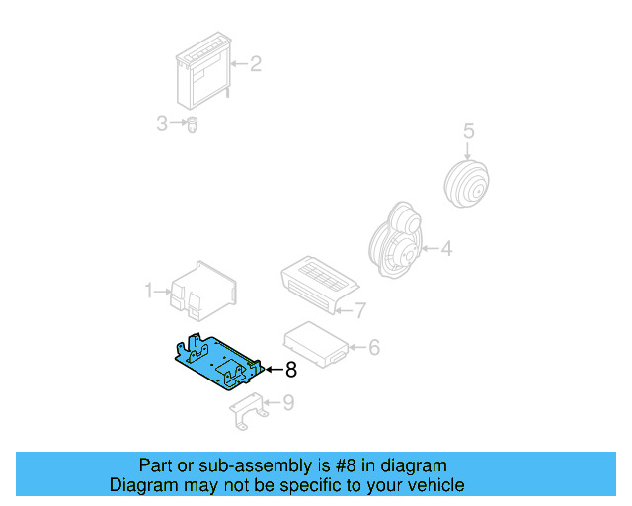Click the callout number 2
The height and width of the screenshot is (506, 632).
tap(255, 65)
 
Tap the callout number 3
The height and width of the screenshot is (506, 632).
tap(162, 124)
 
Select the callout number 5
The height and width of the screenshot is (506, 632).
tap(469, 130)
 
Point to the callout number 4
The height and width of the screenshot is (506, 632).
tap(446, 249)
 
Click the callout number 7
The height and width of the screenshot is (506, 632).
tap(360, 310)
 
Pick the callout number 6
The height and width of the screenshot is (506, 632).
tap(374, 347)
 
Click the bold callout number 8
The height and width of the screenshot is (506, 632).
tap(290, 371)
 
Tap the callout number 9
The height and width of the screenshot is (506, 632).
tap(288, 402)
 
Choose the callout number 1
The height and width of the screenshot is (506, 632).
tap(150, 291)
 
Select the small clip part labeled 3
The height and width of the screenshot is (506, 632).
tap(193, 126)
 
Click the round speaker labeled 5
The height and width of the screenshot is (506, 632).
tap(466, 183)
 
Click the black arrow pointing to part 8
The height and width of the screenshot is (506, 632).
tap(272, 371)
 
